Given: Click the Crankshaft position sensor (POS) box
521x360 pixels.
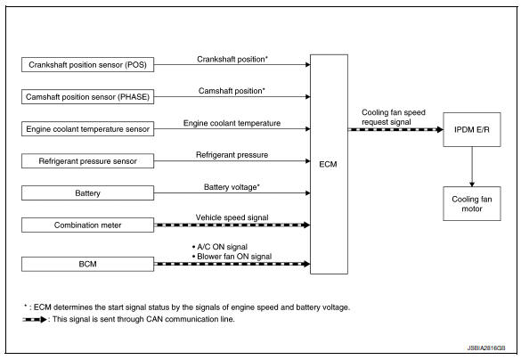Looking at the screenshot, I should click(86, 66).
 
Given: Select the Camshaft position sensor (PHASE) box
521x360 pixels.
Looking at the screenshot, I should click(86, 97).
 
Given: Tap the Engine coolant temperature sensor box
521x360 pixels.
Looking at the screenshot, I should click(86, 129).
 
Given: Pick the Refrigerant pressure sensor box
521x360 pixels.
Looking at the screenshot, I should click(86, 161).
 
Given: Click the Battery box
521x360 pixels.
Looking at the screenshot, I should click(86, 193).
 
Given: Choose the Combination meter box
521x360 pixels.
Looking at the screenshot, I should click(86, 225).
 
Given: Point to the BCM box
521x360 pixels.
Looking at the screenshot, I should click(86, 264).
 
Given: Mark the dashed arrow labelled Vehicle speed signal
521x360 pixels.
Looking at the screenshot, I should click(232, 225).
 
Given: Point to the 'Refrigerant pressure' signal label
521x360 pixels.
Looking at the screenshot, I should click(232, 154).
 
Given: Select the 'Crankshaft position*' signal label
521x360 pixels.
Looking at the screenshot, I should click(232, 59).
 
